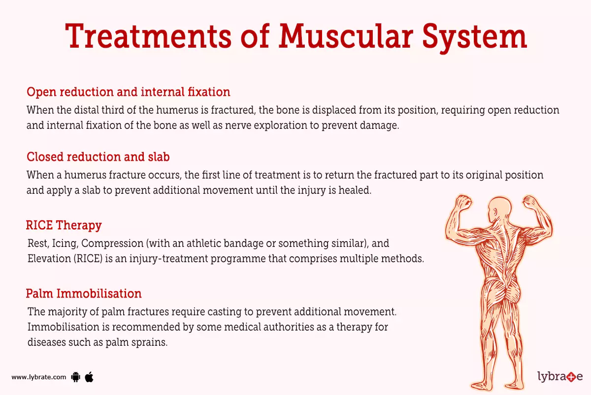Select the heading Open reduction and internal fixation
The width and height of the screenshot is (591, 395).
(128, 92)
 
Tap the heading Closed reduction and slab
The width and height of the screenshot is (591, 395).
(98, 157)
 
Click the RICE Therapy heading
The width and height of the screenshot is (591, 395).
(64, 225)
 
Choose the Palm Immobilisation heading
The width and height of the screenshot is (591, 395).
(84, 294)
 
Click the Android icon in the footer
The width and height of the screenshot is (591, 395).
(75, 377)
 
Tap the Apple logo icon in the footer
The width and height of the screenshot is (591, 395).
(89, 377)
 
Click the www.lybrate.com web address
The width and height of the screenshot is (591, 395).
(38, 377)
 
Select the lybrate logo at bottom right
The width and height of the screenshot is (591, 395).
(559, 377)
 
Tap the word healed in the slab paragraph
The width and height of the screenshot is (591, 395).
(354, 190)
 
